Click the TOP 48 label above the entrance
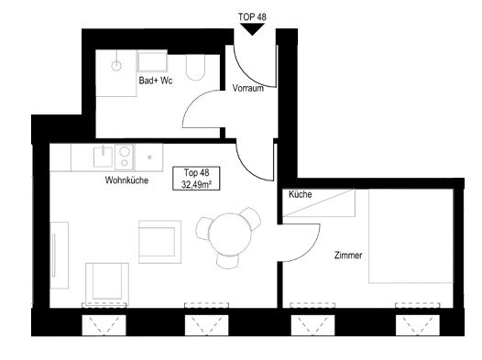[252, 16]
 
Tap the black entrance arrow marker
[252, 29]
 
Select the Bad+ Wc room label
[156, 81]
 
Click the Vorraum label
[248, 88]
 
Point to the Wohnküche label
[126, 180]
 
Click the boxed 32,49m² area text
[196, 185]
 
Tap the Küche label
[301, 194]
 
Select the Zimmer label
[348, 255]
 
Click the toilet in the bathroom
[195, 68]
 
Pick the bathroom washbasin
[152, 61]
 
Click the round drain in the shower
[116, 66]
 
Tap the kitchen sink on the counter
[103, 157]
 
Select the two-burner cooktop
[125, 157]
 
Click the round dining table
[230, 235]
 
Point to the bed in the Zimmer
[411, 236]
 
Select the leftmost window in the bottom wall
[104, 325]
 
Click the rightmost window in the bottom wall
[418, 325]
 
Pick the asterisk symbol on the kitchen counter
[149, 158]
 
